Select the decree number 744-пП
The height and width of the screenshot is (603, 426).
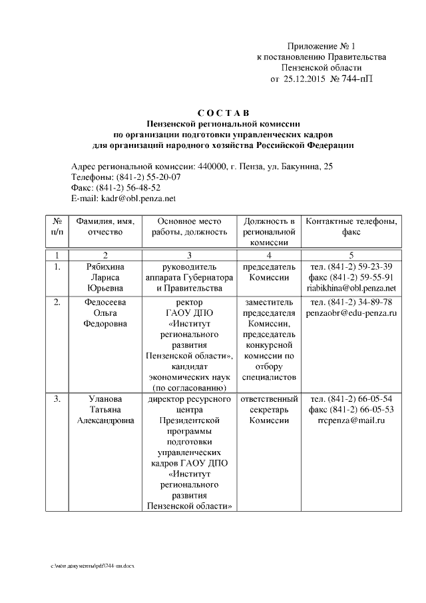357,79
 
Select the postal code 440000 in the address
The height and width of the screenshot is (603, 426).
212,167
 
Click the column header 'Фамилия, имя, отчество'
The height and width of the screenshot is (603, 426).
105,227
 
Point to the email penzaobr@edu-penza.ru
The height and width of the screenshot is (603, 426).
351,312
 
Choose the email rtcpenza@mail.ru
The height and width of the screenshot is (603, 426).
351,420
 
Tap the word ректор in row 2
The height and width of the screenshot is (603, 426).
189,302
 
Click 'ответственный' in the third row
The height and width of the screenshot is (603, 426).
268,398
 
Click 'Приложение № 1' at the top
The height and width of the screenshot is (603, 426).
321,47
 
